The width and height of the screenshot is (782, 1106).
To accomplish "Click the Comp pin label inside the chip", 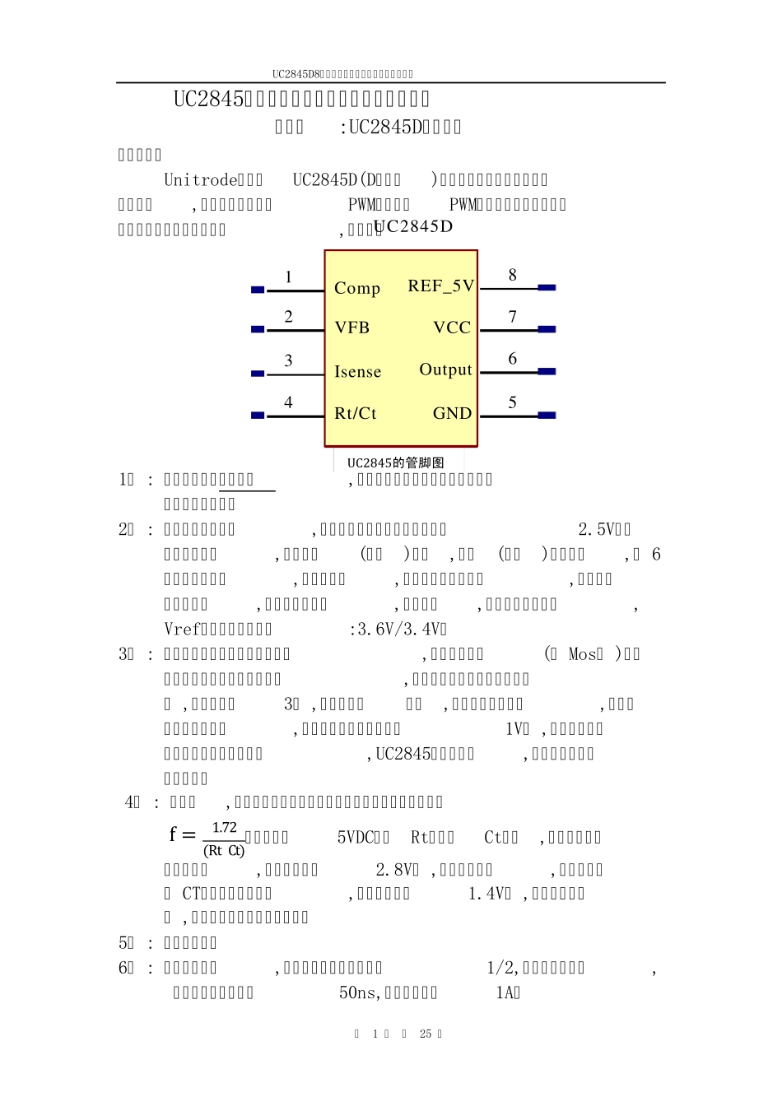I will coord(357,289).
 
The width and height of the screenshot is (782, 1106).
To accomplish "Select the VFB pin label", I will coord(352,328).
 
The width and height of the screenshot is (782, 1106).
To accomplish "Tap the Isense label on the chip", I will coord(358,372).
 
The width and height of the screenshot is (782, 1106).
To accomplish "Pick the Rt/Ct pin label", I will coord(356,413).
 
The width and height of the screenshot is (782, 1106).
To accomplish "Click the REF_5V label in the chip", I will coord(441,286).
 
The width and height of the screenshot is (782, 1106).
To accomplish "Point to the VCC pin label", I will coord(452,328).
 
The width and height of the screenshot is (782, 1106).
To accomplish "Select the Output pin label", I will coord(445,369).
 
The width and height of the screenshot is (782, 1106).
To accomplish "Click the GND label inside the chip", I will coord(452,413).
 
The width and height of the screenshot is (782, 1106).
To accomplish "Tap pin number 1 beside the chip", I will coord(288,277).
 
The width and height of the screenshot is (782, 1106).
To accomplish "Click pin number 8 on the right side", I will coord(512,275).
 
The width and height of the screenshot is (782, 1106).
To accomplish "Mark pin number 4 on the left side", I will coord(288,402).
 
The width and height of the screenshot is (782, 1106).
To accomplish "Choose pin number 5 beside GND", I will coord(512,402).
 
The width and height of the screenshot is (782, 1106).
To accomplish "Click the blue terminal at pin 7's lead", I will coord(547,329).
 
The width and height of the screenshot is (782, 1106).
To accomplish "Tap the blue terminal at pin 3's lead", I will coord(258,374).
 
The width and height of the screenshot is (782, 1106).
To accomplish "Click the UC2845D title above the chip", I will coord(413,227).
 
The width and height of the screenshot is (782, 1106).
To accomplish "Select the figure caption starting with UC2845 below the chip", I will coord(395,462).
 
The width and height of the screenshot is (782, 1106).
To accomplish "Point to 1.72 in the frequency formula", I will coord(224,828).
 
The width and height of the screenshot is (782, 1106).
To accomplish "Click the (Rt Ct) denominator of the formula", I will coord(224,851).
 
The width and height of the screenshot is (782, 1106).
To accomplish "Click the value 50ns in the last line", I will coord(359,993).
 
